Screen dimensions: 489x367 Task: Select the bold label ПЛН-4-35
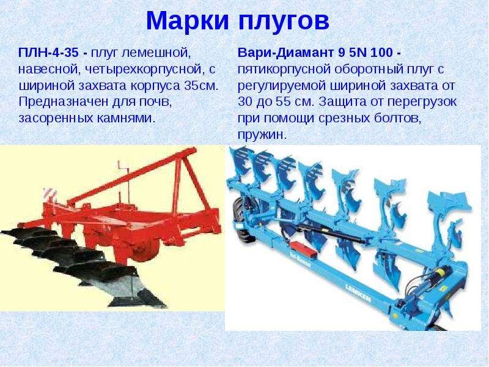coord(48,53)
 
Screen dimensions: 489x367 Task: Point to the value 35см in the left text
coord(200,86)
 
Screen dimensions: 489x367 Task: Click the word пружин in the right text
coord(261,135)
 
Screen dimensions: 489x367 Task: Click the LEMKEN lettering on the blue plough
coord(358,294)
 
